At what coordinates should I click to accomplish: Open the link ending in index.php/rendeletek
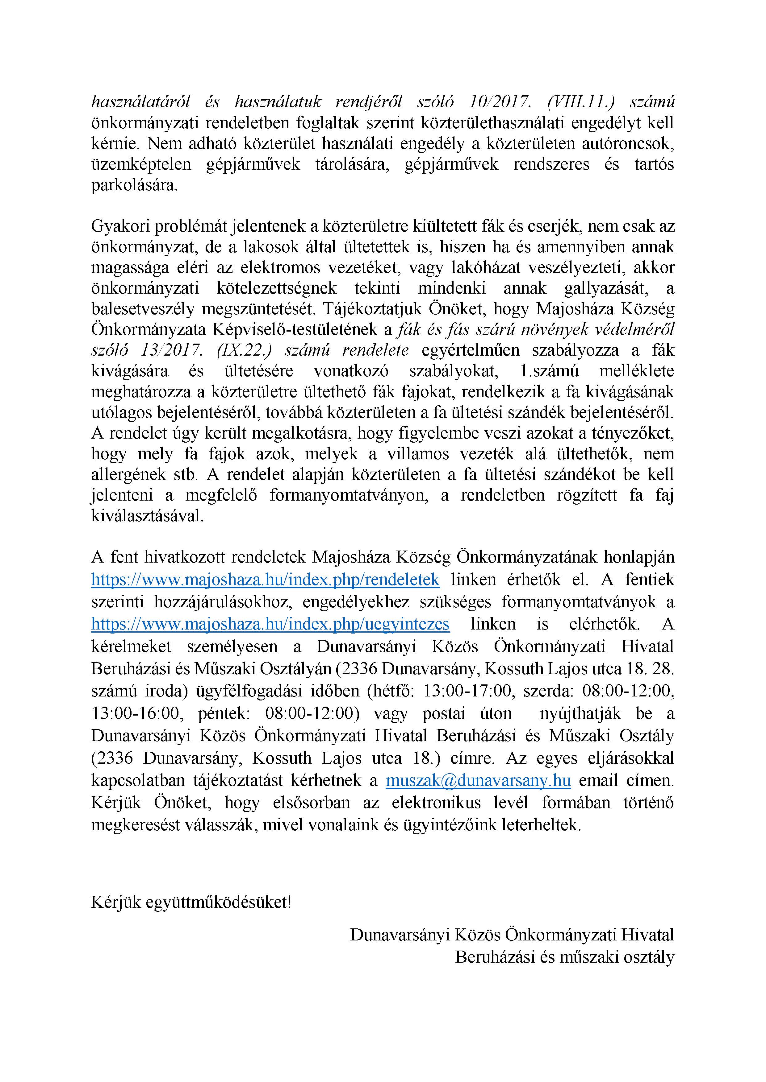pyautogui.click(x=266, y=579)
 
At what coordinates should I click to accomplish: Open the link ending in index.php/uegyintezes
pyautogui.click(x=270, y=624)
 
